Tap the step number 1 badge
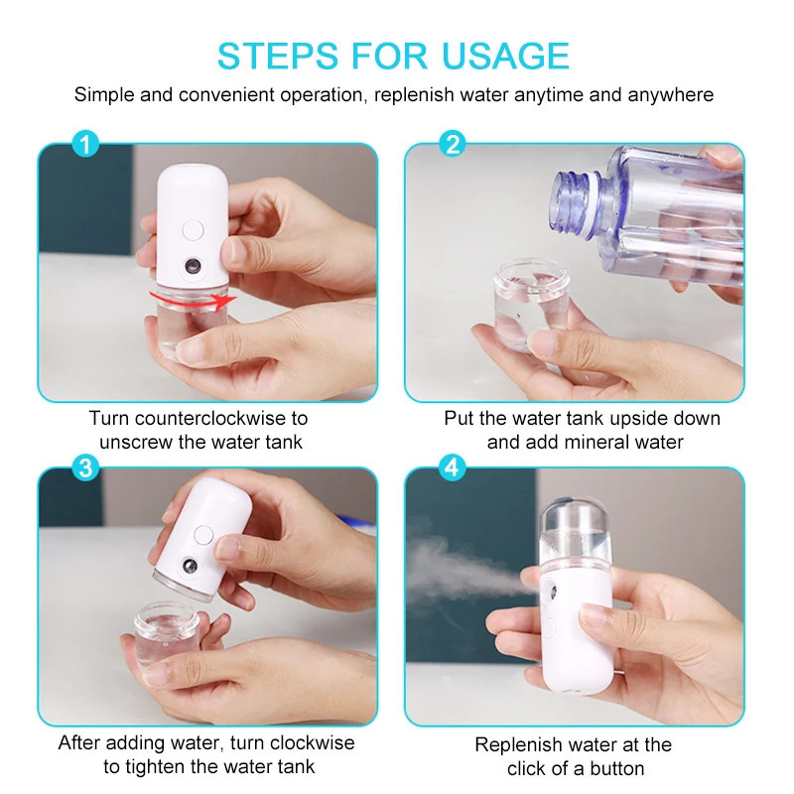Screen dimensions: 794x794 [x=87, y=145]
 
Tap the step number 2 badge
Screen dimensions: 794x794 [x=454, y=145]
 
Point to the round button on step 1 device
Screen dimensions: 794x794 [x=193, y=229]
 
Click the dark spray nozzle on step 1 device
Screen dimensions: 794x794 [x=191, y=269]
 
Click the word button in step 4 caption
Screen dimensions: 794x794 [x=615, y=768]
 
